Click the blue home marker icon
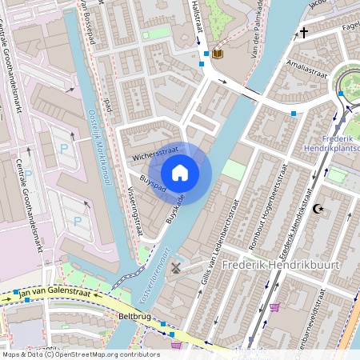[180, 172]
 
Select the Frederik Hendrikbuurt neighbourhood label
[281, 265]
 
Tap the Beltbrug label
[135, 317]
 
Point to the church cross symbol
[303, 33]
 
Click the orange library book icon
[218, 54]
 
